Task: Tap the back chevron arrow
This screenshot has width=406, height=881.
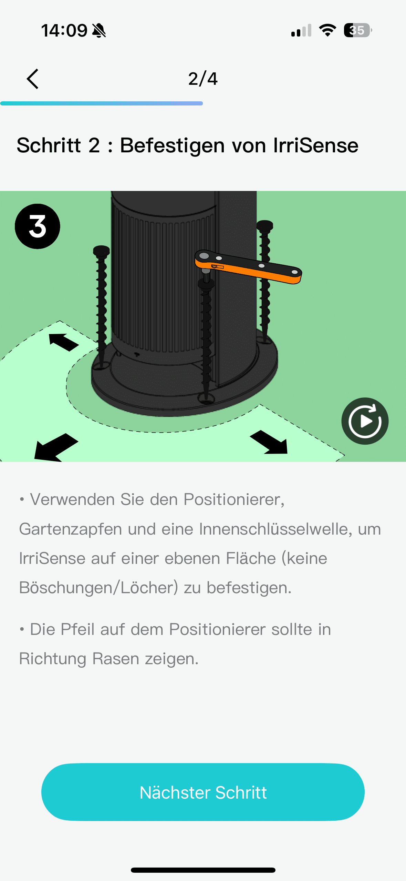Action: (x=33, y=79)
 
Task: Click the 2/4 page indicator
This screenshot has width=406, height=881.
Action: (x=203, y=79)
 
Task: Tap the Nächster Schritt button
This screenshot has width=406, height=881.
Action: (x=203, y=792)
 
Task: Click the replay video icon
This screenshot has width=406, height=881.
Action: (x=365, y=421)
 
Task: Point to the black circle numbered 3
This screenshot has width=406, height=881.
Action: (x=38, y=226)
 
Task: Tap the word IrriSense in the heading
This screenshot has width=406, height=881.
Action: (x=316, y=145)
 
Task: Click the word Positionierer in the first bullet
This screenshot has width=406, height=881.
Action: (x=234, y=499)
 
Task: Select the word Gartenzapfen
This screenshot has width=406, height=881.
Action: (x=71, y=529)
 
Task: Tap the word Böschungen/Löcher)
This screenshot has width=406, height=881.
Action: (x=99, y=588)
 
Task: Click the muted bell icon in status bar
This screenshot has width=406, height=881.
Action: (x=99, y=31)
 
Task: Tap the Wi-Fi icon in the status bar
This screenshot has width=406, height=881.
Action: (x=327, y=30)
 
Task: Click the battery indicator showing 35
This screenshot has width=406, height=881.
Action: (x=358, y=30)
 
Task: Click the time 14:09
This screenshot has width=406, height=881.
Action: (x=64, y=31)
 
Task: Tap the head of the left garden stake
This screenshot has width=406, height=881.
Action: (x=101, y=251)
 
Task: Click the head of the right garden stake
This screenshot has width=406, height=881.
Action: (x=265, y=226)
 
